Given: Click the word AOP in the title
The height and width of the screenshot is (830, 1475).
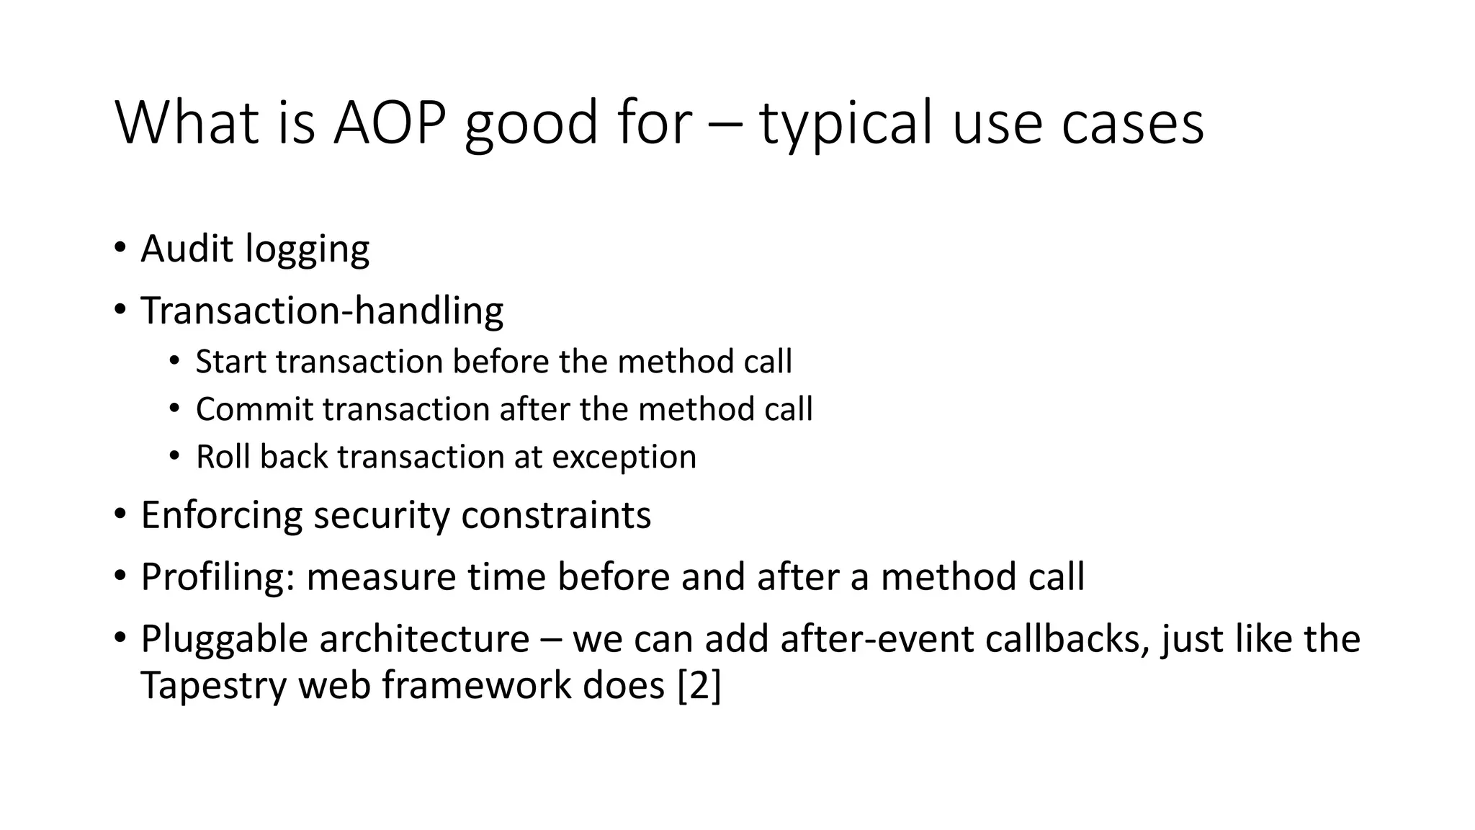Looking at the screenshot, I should pos(389,122).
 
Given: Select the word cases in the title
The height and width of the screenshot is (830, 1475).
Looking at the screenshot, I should pos(1132,124).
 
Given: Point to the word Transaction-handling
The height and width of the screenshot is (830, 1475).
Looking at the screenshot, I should pos(322,311).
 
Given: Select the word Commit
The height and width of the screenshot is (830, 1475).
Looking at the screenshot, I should pos(255,409).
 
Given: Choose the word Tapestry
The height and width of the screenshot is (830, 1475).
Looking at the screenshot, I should pos(214,685).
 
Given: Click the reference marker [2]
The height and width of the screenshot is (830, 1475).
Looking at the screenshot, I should pos(699,685).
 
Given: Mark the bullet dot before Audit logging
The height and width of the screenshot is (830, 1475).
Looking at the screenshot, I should pos(120,249).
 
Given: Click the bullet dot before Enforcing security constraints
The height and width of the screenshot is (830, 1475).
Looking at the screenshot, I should pos(120,515).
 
